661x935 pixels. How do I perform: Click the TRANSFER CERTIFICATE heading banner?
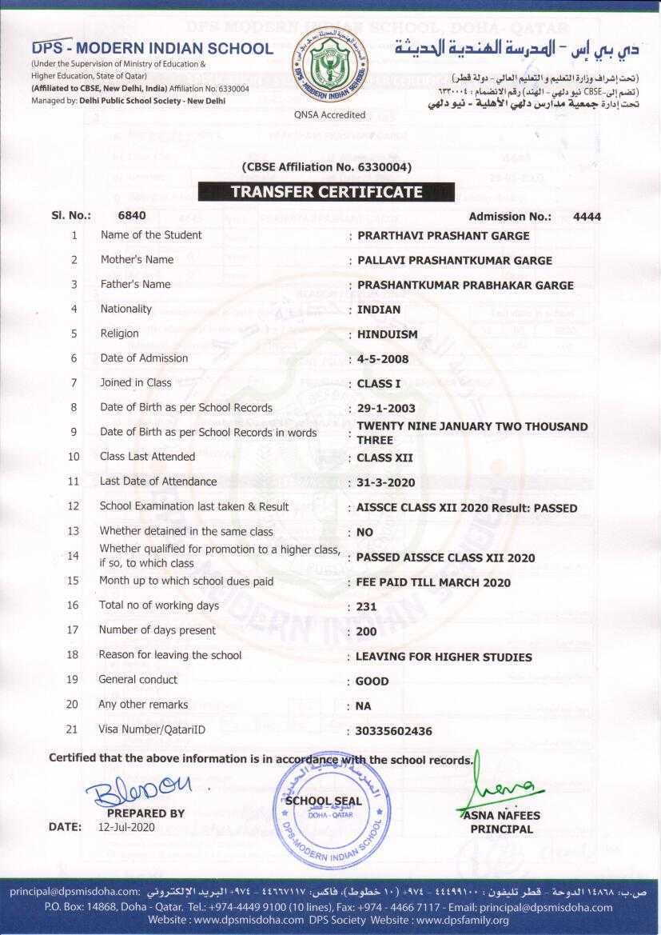[x=326, y=192]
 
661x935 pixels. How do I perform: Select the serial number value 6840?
[x=132, y=215]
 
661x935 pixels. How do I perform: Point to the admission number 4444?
[x=587, y=216]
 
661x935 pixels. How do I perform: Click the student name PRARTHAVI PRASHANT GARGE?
[x=443, y=236]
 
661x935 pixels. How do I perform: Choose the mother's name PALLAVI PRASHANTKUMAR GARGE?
[x=454, y=261]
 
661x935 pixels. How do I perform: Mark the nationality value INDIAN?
[x=379, y=310]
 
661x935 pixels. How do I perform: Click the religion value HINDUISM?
[x=387, y=334]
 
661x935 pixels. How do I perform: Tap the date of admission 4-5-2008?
[x=383, y=359]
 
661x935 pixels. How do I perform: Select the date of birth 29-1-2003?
[x=386, y=409]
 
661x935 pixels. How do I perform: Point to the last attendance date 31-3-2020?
[x=386, y=483]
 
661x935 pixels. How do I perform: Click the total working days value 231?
[x=366, y=606]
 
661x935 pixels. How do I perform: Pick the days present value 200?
[x=366, y=631]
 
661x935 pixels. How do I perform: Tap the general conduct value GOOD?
[x=372, y=681]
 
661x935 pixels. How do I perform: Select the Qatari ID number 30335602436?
[x=394, y=731]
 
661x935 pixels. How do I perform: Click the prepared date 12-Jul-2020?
[x=126, y=827]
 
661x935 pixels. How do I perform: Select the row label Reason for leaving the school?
[x=169, y=655]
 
